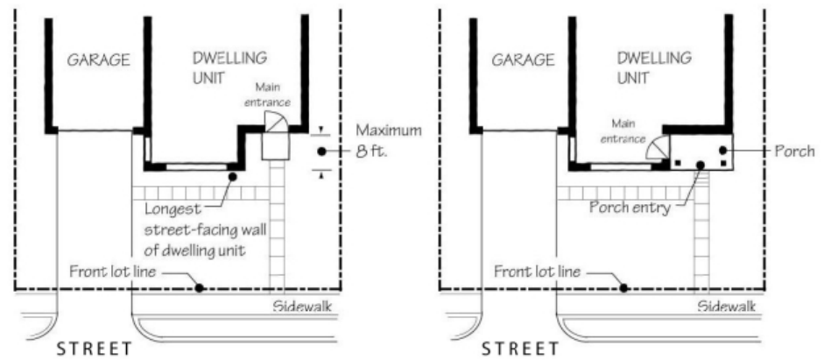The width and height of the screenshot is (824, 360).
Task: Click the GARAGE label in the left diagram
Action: coord(98,60)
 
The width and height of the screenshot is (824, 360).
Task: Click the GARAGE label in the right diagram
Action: coord(523,60)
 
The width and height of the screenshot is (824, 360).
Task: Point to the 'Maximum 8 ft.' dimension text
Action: coord(388,141)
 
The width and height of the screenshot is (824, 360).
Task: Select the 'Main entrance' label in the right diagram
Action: coord(623,131)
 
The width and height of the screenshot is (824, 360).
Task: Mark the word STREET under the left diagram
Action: coord(95,349)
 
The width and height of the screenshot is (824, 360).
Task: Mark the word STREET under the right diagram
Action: coord(518,349)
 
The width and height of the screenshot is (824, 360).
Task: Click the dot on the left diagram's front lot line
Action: coord(201,287)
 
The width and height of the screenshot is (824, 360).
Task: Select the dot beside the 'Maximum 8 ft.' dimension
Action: coord(322,152)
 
